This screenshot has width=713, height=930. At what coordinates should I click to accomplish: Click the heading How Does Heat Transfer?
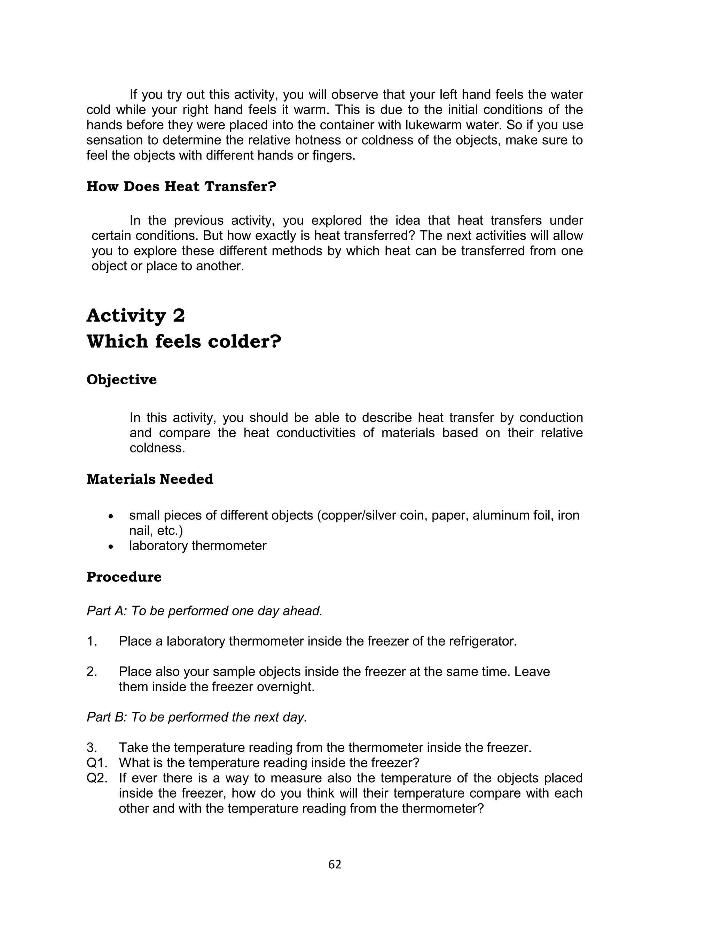181,186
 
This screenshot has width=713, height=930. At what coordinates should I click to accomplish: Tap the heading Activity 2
136,316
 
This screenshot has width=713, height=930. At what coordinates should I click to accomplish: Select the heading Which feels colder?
184,341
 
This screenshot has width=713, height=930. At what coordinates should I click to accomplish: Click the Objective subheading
122,380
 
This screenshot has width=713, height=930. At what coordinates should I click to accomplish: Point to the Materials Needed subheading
150,479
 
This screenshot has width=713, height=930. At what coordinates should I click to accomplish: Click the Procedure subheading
124,577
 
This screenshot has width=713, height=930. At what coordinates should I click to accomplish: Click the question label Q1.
96,763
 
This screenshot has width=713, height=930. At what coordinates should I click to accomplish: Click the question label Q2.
96,778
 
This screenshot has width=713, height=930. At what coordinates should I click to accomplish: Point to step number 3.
92,747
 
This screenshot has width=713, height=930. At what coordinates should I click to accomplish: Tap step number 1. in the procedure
92,641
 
